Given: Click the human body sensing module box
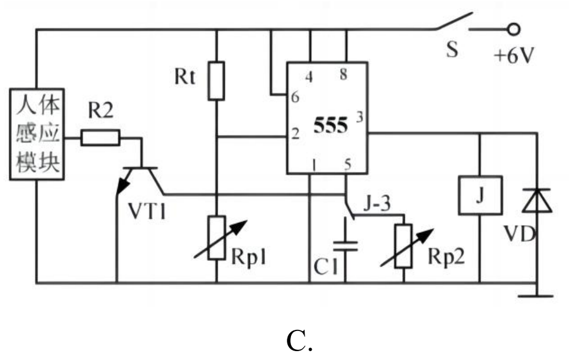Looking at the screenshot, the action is coord(37,134).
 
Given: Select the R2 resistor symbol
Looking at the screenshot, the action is coord(100,138).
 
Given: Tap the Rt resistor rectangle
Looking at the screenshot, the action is coord(216,81).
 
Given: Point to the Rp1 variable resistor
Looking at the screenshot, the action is coord(217,238).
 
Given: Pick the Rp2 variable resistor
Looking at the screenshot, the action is coord(404,246).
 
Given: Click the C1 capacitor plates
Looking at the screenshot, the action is coord(345,246).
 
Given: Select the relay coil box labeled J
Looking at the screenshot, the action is coord(480,196).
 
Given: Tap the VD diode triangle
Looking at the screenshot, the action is coord(537,200).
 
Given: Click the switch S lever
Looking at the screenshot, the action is coord(454,21).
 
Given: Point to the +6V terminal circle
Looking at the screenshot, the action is coord(513,30).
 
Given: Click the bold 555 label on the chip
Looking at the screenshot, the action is coord(331,125).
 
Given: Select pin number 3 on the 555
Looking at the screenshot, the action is coord(360,118).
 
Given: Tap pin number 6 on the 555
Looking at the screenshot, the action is coord(295,97).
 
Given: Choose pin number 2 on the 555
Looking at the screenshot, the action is coord(296,134).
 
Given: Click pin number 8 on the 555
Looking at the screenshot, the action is coord(343,74).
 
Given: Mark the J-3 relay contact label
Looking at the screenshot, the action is coord(377,204).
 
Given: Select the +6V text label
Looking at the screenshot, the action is coord(514,56).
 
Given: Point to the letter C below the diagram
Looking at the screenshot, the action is coord(299,340).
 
